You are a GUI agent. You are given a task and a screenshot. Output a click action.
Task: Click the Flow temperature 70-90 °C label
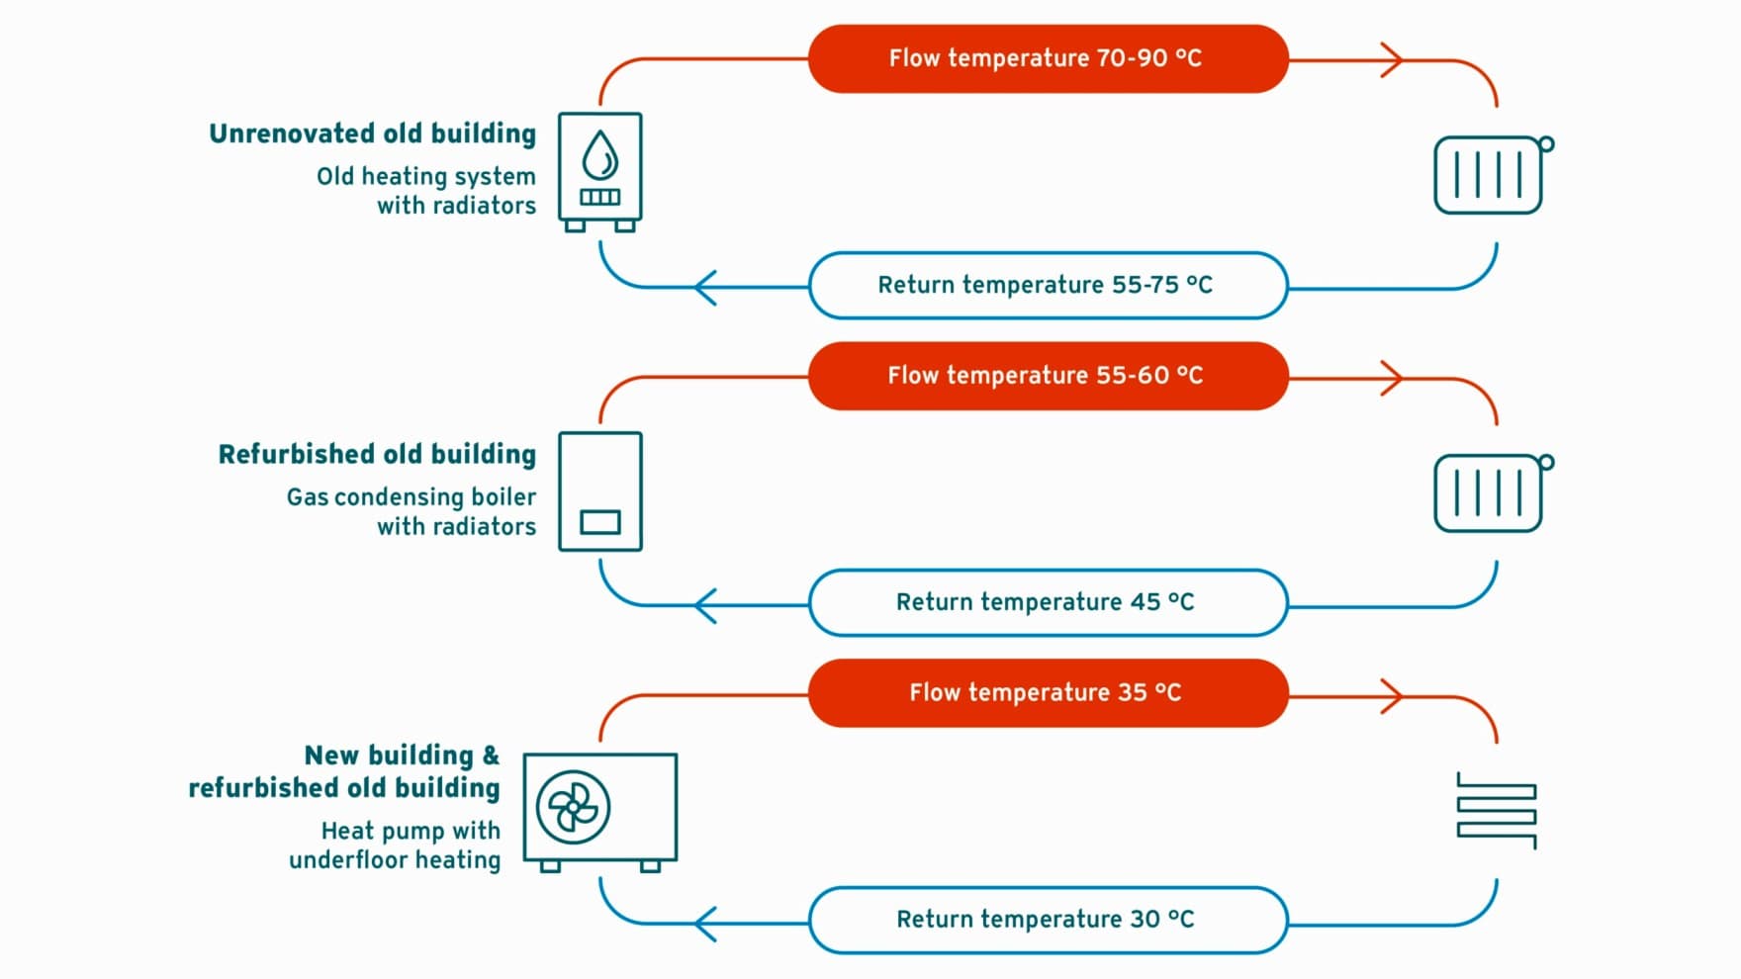coord(1048,59)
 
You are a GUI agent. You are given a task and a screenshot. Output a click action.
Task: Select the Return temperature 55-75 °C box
coord(1048,286)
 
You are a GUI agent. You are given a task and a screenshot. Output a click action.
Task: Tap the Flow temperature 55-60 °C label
coord(1048,376)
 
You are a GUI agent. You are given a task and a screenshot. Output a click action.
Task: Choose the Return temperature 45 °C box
coord(1048,602)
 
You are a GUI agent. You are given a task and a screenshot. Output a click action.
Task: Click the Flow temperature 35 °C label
coord(1048,693)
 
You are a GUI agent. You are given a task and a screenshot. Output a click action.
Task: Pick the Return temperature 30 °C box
coord(1048,920)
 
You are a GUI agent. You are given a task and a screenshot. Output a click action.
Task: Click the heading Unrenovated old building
coord(372,134)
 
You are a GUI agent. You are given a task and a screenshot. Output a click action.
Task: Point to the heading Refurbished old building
coord(377,455)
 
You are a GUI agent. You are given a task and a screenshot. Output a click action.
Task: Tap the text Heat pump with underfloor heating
coord(396,845)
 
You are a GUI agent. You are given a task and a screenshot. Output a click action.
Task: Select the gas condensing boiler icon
coord(600,491)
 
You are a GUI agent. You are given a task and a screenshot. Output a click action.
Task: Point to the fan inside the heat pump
coord(573,808)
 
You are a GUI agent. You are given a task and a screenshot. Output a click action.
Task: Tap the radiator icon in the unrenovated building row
coord(1492,175)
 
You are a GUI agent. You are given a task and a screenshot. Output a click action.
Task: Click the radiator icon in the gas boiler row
coord(1492,493)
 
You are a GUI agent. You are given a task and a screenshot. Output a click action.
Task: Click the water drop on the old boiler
coord(599,155)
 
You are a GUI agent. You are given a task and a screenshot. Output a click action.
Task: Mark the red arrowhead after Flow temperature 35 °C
coord(1392,696)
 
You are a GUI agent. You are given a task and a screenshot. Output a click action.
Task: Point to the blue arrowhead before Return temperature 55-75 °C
coord(705,288)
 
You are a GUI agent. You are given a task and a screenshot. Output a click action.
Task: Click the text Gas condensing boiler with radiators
coord(412,511)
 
